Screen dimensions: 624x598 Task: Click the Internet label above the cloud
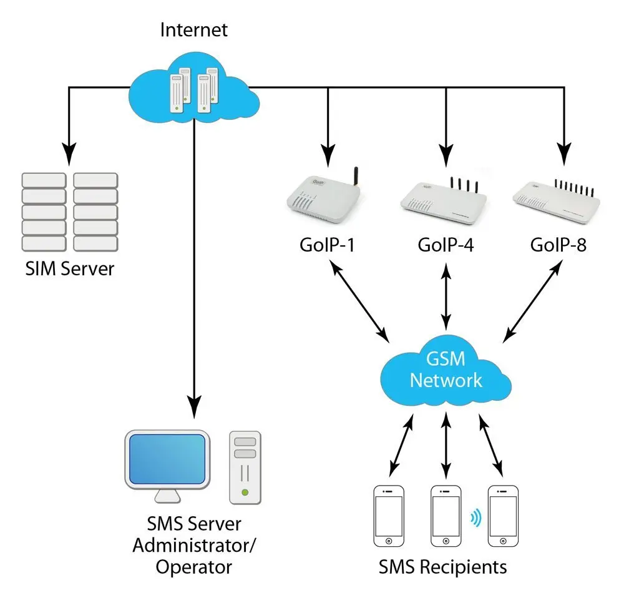pos(194,30)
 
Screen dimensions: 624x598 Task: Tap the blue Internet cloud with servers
pos(194,87)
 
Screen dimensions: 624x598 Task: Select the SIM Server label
pos(70,269)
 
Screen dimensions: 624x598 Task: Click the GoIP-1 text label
pos(327,245)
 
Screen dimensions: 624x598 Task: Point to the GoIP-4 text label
pos(446,245)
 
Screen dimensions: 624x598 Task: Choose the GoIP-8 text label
pos(558,245)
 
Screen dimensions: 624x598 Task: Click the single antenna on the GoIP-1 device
pos(356,176)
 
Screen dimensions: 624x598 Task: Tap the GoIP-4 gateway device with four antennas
pos(444,201)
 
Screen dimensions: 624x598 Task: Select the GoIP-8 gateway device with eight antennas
pos(557,200)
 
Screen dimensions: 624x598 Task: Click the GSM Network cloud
pos(446,370)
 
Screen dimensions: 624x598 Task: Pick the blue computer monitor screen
pos(167,459)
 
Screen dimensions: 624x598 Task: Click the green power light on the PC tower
pos(245,493)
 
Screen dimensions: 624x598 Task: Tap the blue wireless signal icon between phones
pos(475,518)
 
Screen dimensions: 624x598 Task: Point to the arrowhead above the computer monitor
pos(194,406)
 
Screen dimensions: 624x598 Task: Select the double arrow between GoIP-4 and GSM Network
pos(446,297)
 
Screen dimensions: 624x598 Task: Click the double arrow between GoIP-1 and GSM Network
pos(359,301)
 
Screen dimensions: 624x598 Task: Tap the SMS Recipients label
pos(442,567)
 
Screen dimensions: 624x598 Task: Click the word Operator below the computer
pos(194,567)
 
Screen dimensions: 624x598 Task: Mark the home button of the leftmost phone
pos(389,541)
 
